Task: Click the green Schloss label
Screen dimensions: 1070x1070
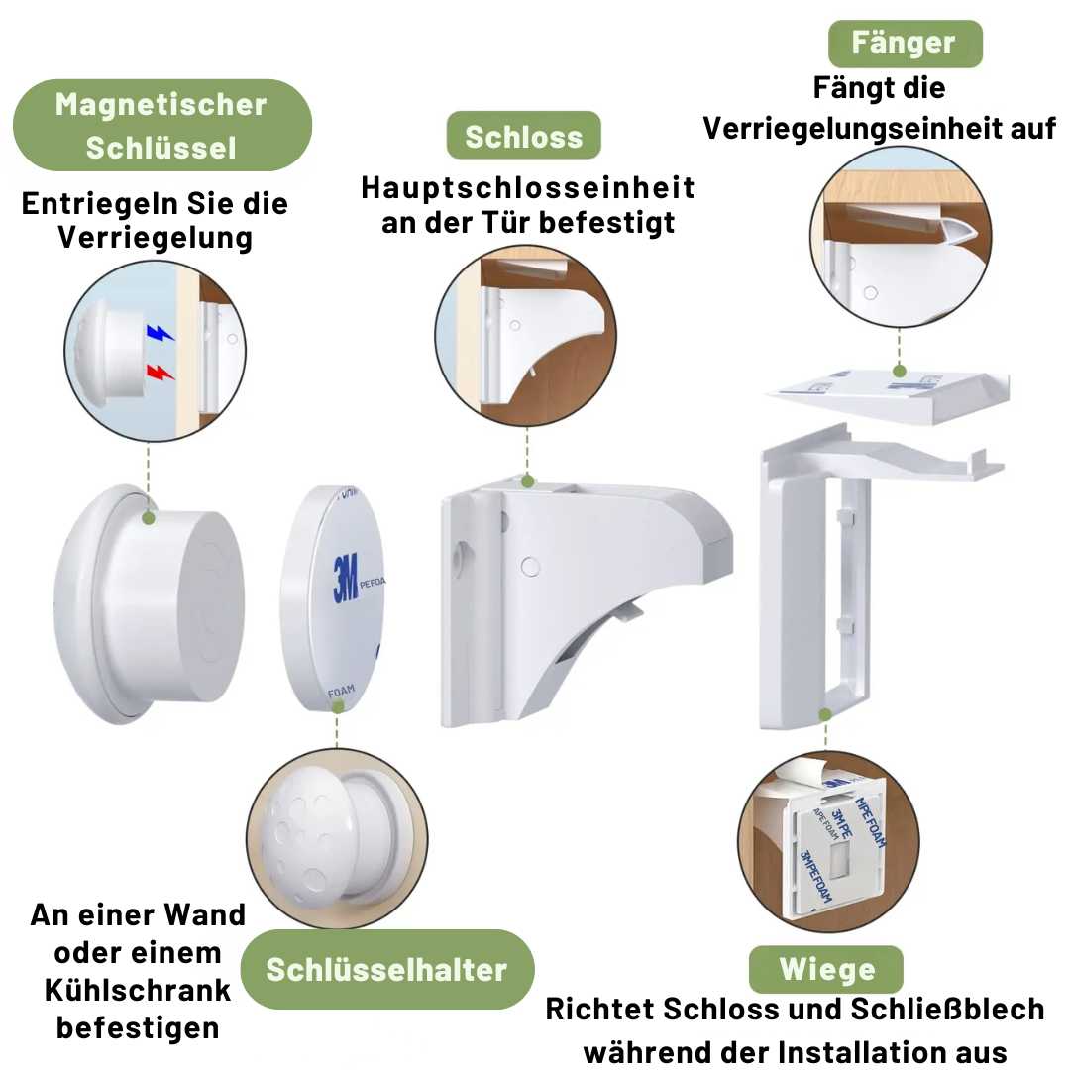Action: (523, 136)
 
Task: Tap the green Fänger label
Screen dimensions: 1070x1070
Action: (904, 44)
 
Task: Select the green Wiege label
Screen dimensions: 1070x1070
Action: (826, 969)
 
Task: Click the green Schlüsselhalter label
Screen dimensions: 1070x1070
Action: (386, 969)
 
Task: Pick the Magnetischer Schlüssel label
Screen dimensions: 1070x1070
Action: (160, 126)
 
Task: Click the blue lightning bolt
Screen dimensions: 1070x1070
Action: (159, 334)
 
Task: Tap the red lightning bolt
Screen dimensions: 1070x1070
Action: (159, 373)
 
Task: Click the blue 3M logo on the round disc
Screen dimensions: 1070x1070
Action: (345, 580)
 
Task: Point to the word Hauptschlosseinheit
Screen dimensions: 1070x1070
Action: (527, 187)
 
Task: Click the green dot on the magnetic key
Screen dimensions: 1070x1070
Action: (149, 517)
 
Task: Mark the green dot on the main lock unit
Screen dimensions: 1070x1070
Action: (528, 481)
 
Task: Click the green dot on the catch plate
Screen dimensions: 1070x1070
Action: (900, 372)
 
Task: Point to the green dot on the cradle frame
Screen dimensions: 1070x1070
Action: (824, 714)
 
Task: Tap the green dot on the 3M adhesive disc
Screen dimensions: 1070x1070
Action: (338, 706)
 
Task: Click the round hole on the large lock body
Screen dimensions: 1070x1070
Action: (529, 567)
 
